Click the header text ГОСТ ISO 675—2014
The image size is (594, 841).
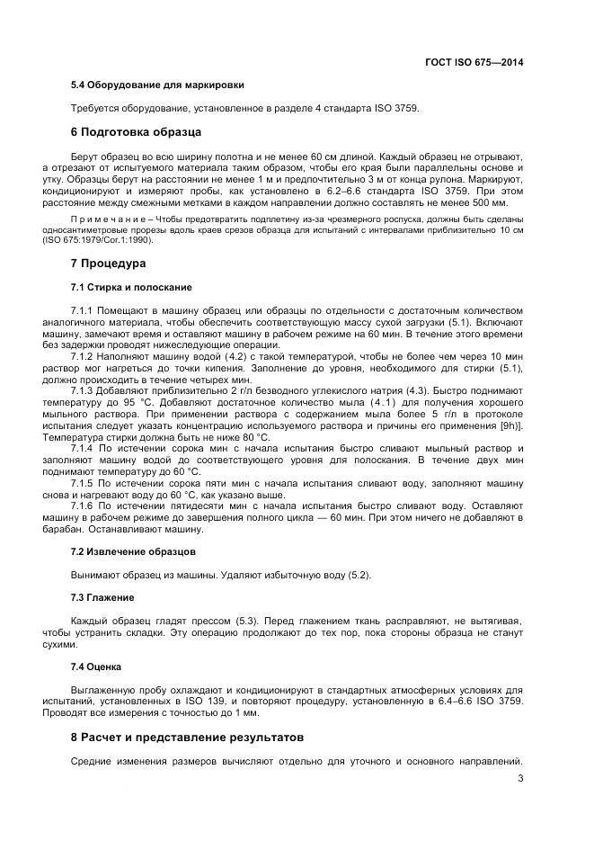pyautogui.click(x=474, y=62)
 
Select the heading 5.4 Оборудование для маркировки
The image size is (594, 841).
pyautogui.click(x=157, y=85)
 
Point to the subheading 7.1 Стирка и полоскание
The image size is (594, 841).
pyautogui.click(x=130, y=287)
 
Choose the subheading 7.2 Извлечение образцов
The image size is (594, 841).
pyautogui.click(x=133, y=550)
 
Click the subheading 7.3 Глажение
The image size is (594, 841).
pyautogui.click(x=102, y=597)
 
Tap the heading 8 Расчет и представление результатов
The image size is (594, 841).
pyautogui.click(x=187, y=737)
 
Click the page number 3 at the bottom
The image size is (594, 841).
pyautogui.click(x=520, y=779)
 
